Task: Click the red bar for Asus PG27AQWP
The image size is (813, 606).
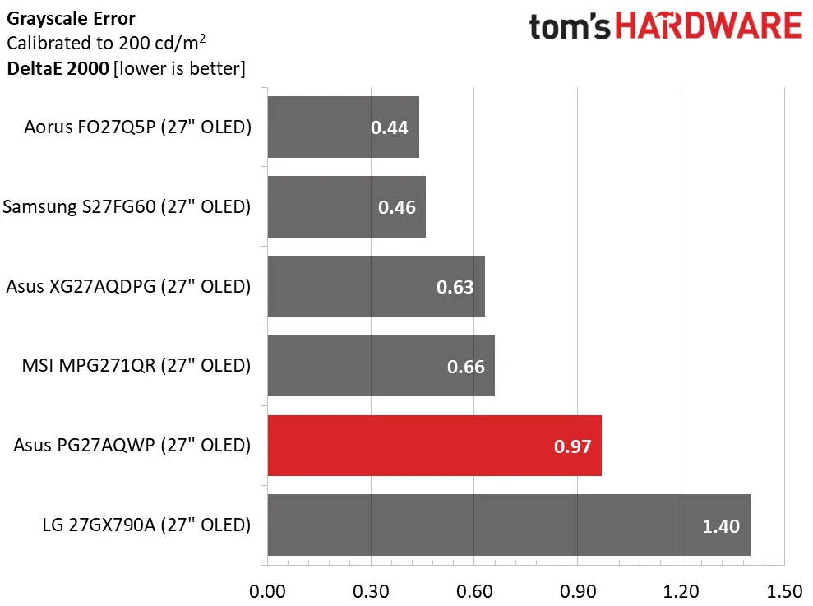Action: pos(434,445)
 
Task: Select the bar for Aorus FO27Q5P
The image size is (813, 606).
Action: pos(343,127)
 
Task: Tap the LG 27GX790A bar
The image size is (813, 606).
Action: pos(509,525)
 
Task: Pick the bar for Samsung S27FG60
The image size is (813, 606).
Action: pos(346,206)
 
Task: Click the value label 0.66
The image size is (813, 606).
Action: pos(465,367)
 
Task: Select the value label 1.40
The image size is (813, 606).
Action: pos(721,525)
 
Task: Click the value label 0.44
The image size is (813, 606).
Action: pos(389,127)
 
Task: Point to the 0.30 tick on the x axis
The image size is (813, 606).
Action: pos(371,590)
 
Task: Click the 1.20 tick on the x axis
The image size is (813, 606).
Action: pos(681,590)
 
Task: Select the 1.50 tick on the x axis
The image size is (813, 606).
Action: pos(784,590)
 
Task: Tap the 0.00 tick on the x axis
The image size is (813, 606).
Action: pos(267,590)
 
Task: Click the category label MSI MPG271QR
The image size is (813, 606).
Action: pos(136,365)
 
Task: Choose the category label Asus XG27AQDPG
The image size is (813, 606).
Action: pos(127,286)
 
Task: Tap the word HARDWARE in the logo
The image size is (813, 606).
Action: pos(709,26)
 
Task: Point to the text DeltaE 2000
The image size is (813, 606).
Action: pos(58,68)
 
